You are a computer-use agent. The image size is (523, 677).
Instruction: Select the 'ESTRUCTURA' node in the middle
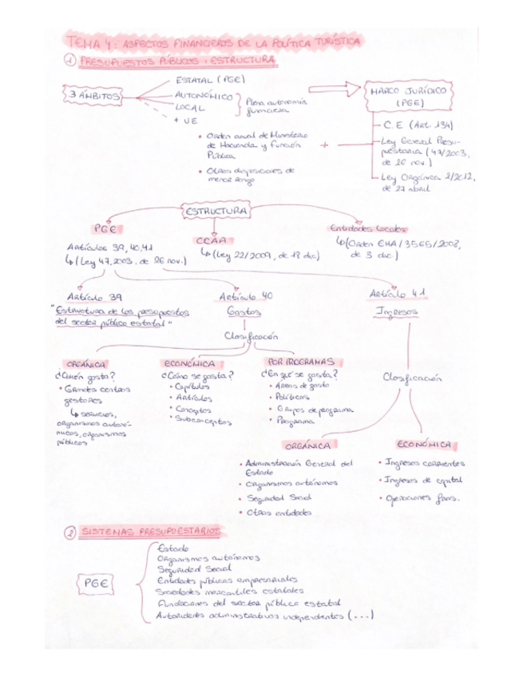pyautogui.click(x=217, y=211)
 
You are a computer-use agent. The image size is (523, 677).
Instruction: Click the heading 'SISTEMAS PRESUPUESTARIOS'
pyautogui.click(x=150, y=532)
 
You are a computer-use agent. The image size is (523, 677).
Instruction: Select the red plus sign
pyautogui.click(x=324, y=145)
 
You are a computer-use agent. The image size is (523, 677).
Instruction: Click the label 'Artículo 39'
pyautogui.click(x=92, y=295)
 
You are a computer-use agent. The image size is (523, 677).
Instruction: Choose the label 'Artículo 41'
pyautogui.click(x=398, y=295)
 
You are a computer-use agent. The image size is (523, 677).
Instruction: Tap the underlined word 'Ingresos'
pyautogui.click(x=398, y=312)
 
